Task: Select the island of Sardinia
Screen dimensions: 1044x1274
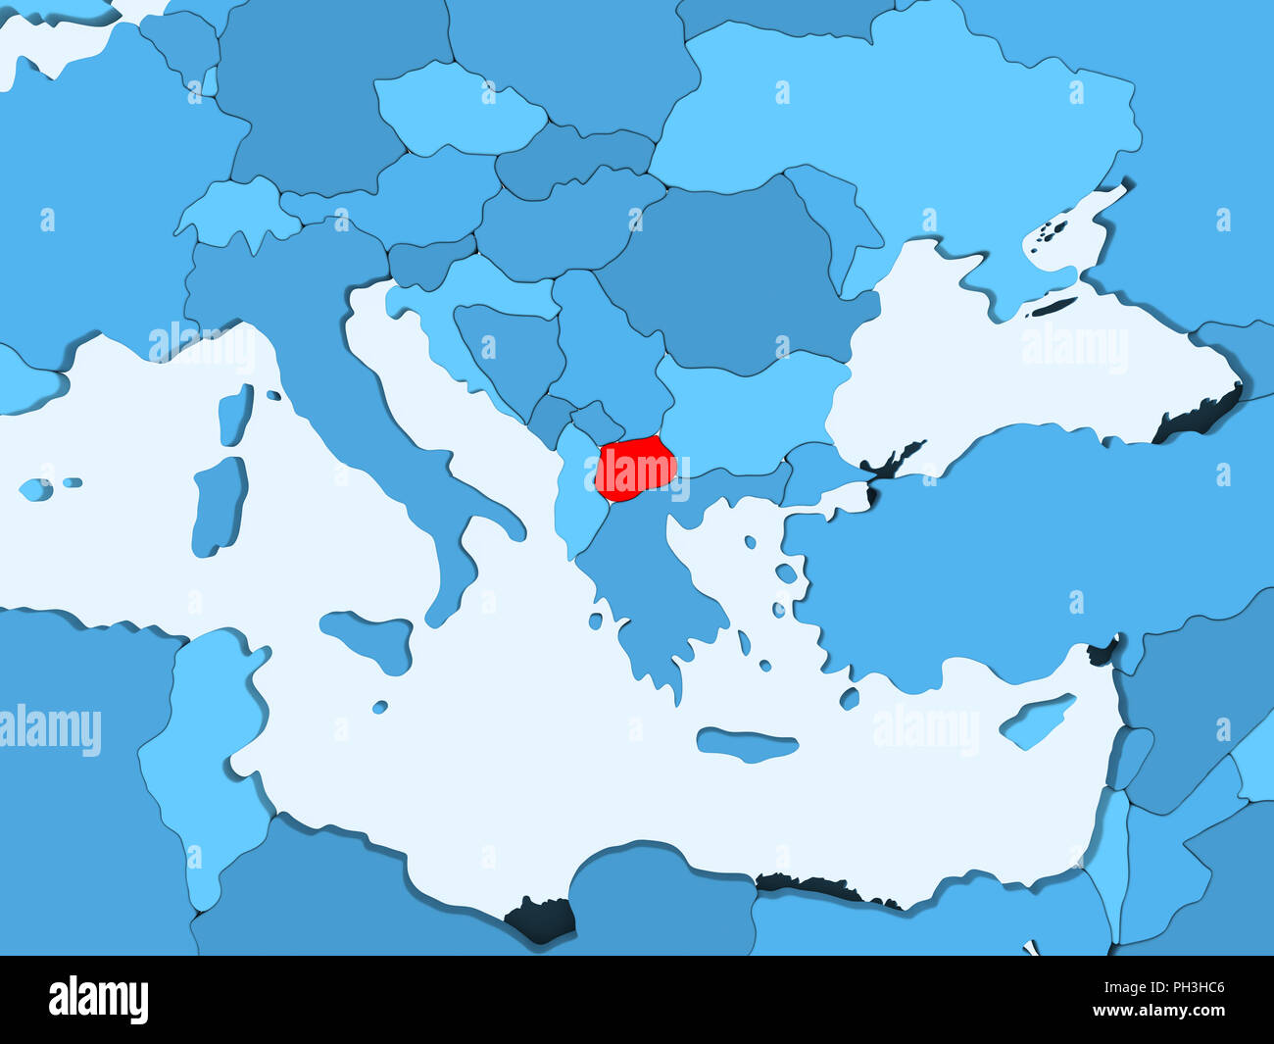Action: point(219,505)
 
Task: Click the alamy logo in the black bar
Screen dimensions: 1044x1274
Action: point(98,999)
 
